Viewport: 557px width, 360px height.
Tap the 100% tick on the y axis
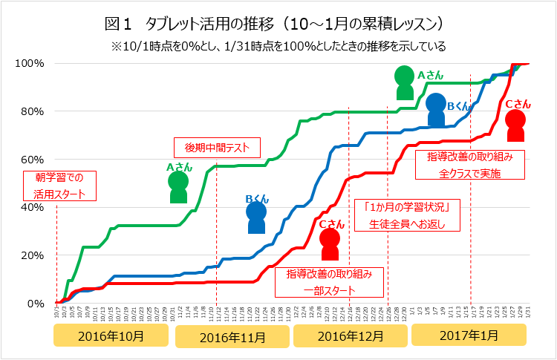point(30,63)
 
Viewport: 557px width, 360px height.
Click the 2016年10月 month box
point(111,336)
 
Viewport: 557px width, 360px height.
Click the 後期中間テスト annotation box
point(217,147)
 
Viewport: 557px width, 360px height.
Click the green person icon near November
point(178,188)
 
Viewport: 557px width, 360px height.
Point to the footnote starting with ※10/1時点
point(278,46)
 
